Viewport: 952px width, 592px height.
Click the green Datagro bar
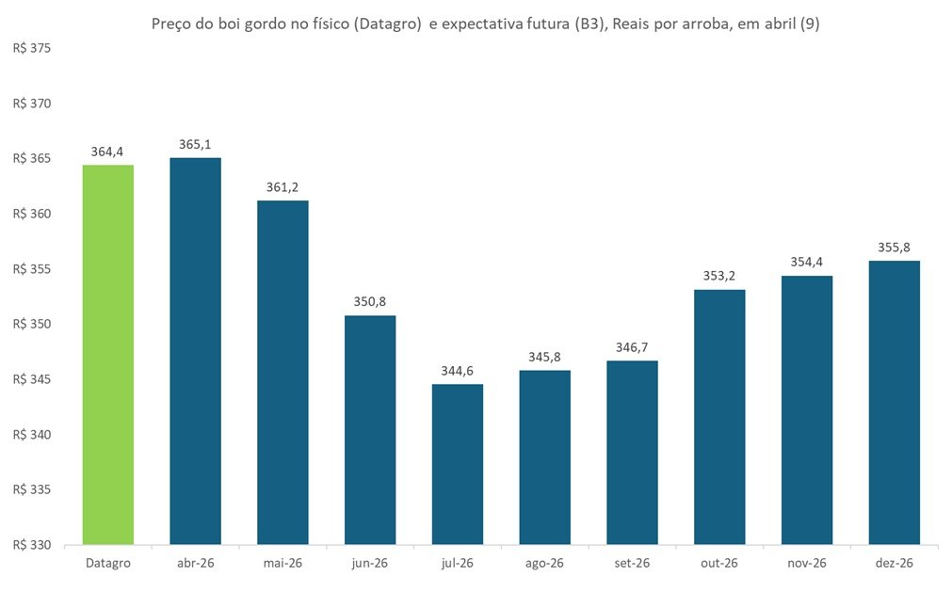108,355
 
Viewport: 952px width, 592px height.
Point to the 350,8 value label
370,302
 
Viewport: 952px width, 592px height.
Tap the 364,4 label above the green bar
108,151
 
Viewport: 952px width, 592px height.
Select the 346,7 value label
632,347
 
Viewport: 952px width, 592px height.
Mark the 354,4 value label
807,262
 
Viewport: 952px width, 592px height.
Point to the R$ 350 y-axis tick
31,325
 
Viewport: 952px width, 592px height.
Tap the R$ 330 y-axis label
31,545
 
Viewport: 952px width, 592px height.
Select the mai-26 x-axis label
282,563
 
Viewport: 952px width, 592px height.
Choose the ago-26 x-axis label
544,563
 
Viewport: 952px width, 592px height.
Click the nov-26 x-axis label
807,563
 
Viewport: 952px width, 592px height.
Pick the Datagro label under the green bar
108,563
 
